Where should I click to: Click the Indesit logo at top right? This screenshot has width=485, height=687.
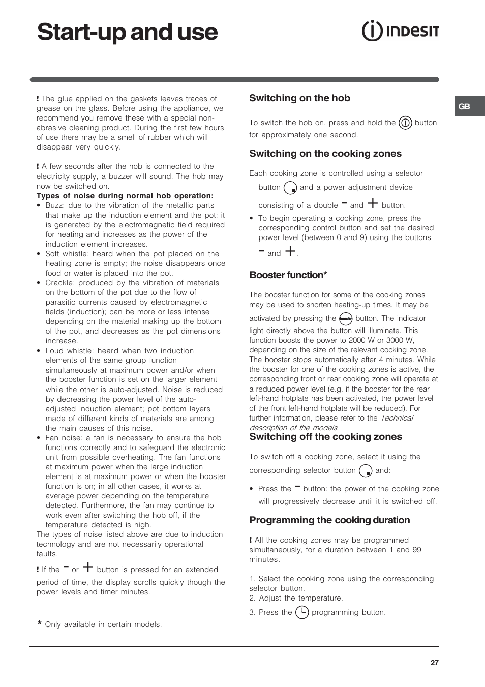(401, 31)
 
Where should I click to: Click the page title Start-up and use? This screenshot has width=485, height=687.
(127, 32)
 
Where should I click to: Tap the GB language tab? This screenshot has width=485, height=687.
(465, 106)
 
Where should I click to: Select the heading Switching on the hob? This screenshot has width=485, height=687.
(299, 98)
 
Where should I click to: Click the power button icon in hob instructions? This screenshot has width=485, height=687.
(405, 123)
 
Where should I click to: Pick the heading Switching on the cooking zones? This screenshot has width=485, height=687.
(325, 154)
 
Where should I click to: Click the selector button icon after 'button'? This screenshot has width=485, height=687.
(290, 188)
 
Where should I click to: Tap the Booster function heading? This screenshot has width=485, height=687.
(288, 275)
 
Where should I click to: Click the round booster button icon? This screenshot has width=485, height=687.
(346, 318)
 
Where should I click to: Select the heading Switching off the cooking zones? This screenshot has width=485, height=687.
(325, 437)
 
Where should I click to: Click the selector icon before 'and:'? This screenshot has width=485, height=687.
(366, 471)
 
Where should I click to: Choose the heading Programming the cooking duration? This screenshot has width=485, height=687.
(329, 520)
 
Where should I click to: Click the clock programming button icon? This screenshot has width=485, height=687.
(302, 612)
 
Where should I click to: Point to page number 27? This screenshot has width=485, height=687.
(434, 663)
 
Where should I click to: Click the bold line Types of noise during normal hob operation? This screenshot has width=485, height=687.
(125, 196)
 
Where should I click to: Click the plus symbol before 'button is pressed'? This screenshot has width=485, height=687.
(88, 567)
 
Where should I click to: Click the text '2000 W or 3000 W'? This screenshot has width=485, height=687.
(380, 340)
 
